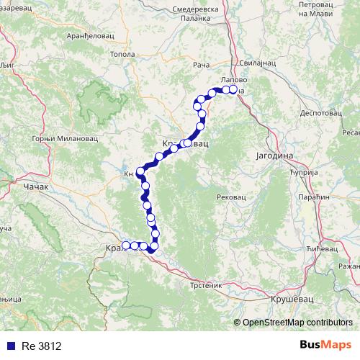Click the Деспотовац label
click(x=319, y=112)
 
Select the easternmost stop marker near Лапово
click(x=233, y=90)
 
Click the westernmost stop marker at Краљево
click(x=125, y=246)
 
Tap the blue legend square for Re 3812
click(x=9, y=346)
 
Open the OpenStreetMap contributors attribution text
click(x=297, y=323)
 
